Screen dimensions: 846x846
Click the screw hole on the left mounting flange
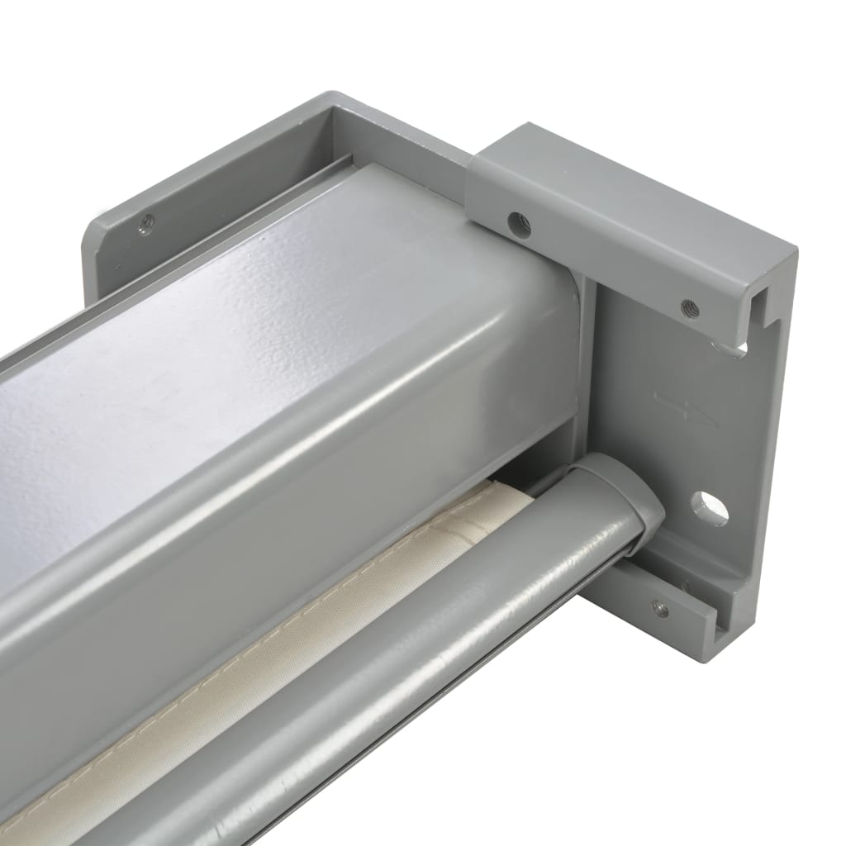tap(146, 221)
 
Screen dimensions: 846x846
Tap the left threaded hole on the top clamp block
tap(519, 224)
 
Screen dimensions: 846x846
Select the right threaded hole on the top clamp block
tap(689, 309)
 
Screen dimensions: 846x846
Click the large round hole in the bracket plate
tap(710, 508)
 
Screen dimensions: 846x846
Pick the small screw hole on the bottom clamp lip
tap(659, 609)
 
